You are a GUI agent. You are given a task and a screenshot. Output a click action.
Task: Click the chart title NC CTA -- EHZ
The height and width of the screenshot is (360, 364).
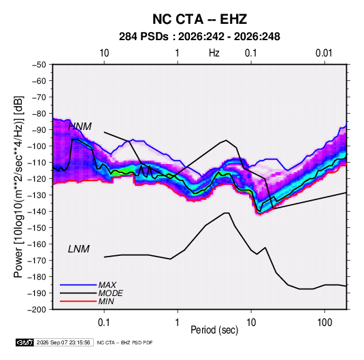[x=199, y=19]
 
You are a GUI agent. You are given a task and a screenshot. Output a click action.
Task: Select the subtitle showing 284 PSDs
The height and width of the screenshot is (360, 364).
[x=199, y=37]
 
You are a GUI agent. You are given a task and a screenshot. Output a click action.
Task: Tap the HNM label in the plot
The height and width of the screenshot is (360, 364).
[x=80, y=127]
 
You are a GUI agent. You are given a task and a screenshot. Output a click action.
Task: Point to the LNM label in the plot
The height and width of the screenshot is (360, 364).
[x=79, y=249]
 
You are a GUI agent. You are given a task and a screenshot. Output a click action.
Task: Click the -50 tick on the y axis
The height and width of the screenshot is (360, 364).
[x=39, y=65]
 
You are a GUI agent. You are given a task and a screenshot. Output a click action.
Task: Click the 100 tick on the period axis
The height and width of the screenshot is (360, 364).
[x=325, y=323]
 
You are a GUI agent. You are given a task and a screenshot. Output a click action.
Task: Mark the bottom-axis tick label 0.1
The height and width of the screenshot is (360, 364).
[x=104, y=323]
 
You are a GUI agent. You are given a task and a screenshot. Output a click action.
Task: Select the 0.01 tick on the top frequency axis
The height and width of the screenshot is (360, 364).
[x=324, y=53]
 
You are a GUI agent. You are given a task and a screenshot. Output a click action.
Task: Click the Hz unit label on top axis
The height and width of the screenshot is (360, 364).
[x=214, y=53]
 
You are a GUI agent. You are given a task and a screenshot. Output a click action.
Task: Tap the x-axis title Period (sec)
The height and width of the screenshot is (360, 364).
[x=214, y=330]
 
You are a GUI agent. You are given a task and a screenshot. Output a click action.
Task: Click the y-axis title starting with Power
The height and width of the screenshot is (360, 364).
[x=18, y=187]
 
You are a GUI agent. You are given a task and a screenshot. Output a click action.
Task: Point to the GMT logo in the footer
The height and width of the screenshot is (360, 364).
[x=25, y=342]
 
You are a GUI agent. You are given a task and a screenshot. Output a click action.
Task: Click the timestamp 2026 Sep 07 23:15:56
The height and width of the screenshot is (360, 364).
[x=63, y=342]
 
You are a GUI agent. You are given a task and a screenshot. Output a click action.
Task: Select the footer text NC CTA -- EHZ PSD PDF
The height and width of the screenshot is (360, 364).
[x=125, y=342]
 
